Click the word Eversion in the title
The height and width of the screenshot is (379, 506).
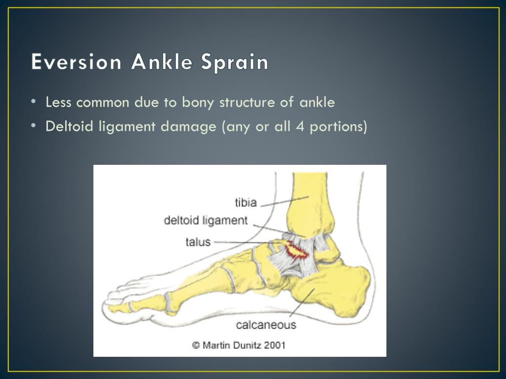pos(76,63)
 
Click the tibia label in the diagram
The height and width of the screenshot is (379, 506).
pos(246,202)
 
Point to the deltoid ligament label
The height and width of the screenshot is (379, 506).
pos(206,220)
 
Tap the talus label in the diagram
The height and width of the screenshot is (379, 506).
pos(198,242)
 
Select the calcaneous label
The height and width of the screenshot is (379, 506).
pos(266,325)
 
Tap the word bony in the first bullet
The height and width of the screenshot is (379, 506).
pos(198,103)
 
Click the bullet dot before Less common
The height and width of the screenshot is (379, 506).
pos(33,102)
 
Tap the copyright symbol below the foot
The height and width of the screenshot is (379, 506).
pos(196,345)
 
